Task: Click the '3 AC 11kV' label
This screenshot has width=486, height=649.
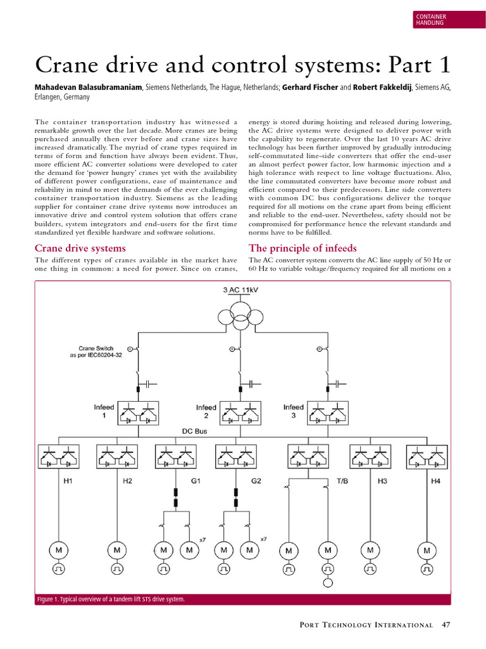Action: [241, 290]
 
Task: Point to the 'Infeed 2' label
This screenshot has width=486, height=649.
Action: [206, 411]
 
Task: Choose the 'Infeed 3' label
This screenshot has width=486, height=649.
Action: [293, 411]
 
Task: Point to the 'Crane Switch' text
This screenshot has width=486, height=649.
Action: [94, 348]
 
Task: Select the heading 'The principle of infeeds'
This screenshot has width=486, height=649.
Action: [302, 248]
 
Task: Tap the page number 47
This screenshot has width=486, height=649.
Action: [445, 625]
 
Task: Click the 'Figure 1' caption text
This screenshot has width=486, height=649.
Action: [111, 599]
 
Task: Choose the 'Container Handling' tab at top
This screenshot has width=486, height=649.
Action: [430, 19]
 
